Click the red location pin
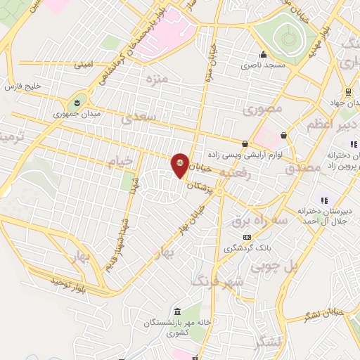(181, 165)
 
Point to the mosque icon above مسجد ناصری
(263, 54)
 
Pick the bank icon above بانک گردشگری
(246, 238)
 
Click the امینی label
(83, 64)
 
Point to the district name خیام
(119, 164)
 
